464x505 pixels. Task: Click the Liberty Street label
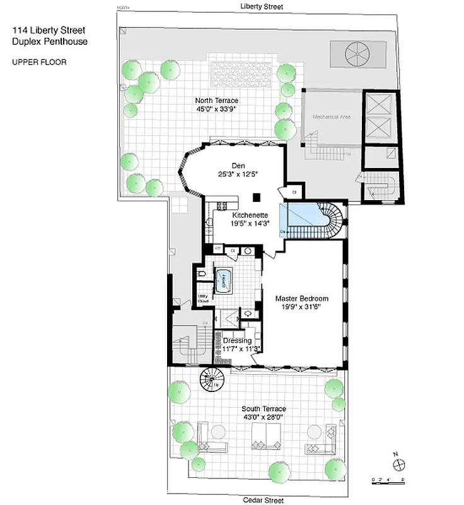coord(262,6)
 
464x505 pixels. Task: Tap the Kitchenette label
coord(250,215)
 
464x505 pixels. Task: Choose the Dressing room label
coord(237,340)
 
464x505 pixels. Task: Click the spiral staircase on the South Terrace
coord(211,381)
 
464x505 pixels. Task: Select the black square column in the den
coord(258,196)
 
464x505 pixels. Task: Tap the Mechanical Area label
coord(332,117)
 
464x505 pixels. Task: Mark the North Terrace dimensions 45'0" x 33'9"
coord(217,108)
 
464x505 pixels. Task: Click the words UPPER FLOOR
coord(39,62)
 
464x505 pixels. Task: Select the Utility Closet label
coord(203,299)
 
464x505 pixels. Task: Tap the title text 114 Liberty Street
coord(48,30)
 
